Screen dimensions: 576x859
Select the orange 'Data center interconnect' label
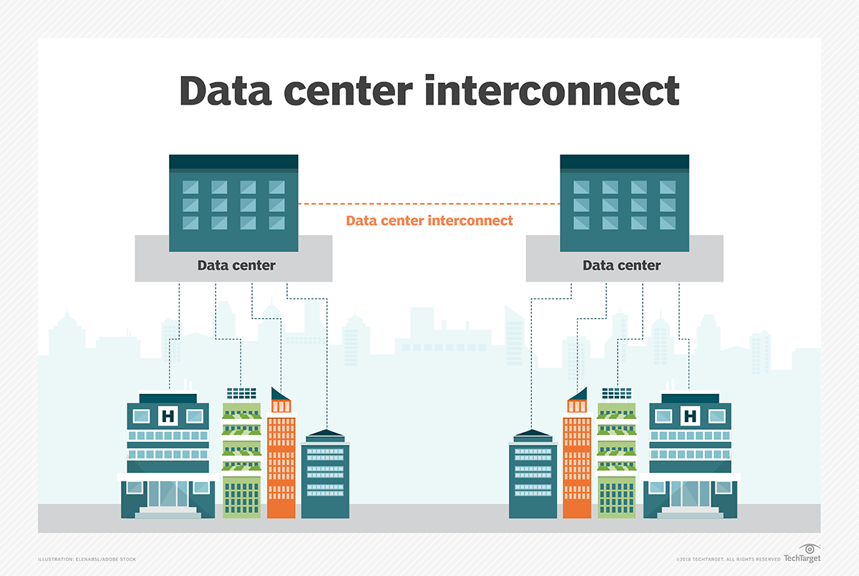tap(429, 221)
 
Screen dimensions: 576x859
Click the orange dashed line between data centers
tap(429, 204)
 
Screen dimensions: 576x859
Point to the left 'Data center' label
tap(236, 266)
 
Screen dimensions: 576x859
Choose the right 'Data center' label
tap(621, 266)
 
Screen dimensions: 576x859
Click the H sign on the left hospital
tap(169, 416)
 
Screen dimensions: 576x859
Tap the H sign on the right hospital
tap(690, 416)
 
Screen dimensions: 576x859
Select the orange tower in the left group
tap(281, 466)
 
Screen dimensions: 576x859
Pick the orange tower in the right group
tap(577, 466)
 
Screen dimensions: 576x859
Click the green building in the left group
tap(241, 459)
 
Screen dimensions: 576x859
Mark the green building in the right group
tap(616, 459)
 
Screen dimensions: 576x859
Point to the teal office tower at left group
tap(325, 476)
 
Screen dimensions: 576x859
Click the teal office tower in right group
tap(533, 476)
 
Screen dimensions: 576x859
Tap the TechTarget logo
tap(802, 556)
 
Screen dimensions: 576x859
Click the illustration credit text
tap(87, 559)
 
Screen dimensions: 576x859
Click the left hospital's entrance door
tap(168, 494)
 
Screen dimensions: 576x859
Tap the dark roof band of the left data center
tap(233, 163)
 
